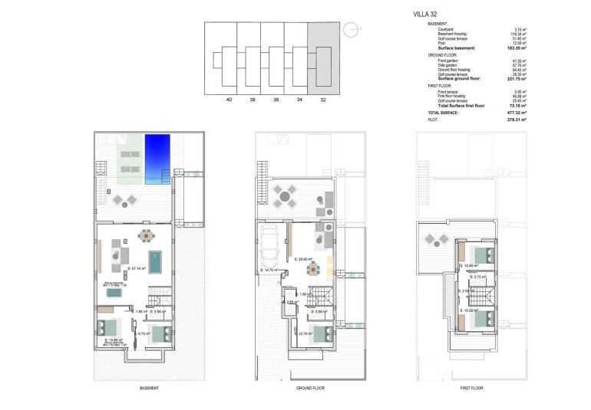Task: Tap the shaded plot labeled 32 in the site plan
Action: [322, 58]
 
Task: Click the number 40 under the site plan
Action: [229, 100]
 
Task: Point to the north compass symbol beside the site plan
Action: [350, 30]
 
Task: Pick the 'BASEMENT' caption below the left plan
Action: [150, 389]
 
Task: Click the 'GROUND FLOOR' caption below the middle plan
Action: [311, 389]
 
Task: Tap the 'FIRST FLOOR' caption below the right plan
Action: [470, 389]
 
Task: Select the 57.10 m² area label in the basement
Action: [138, 269]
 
